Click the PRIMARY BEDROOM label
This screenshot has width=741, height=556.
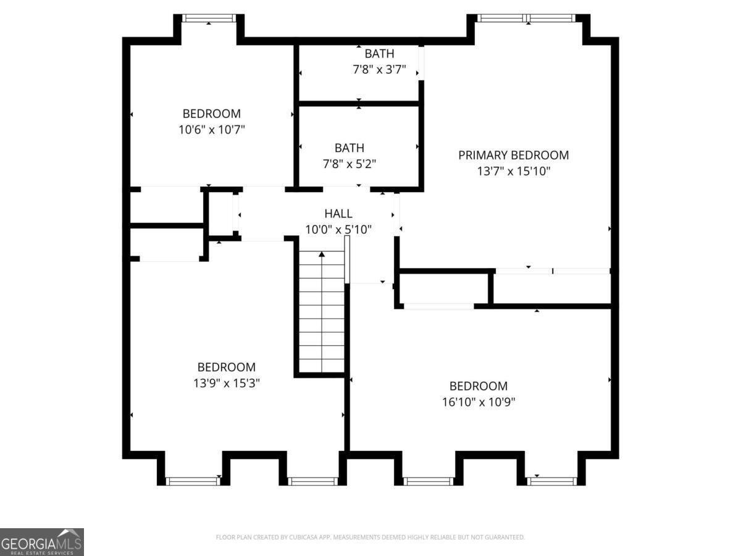click(x=513, y=155)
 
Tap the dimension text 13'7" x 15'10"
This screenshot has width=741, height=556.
click(x=513, y=171)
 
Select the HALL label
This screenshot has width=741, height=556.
click(x=338, y=214)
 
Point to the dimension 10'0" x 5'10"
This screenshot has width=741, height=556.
click(x=338, y=230)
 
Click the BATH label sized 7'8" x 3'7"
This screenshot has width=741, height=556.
click(x=379, y=54)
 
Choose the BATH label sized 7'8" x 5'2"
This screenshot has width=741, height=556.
click(x=349, y=148)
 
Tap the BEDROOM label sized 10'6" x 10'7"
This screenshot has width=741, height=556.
click(x=211, y=114)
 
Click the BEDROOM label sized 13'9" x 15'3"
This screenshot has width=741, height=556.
click(x=226, y=367)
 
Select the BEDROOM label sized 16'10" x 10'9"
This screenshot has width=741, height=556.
click(x=478, y=386)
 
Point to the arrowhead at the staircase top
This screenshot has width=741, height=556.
click(x=322, y=254)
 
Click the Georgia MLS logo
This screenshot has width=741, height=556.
click(x=41, y=542)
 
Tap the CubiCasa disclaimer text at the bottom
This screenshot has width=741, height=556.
click(x=371, y=537)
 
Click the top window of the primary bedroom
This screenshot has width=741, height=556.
click(x=528, y=18)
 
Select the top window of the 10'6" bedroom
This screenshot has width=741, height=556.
click(x=209, y=19)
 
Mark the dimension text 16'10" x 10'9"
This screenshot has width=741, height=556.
click(x=478, y=402)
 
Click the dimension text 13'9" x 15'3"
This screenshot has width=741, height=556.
click(x=226, y=383)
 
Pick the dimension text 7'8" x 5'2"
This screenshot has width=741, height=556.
click(x=349, y=164)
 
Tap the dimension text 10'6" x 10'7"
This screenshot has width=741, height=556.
click(x=211, y=130)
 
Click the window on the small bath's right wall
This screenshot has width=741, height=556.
click(x=421, y=63)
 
